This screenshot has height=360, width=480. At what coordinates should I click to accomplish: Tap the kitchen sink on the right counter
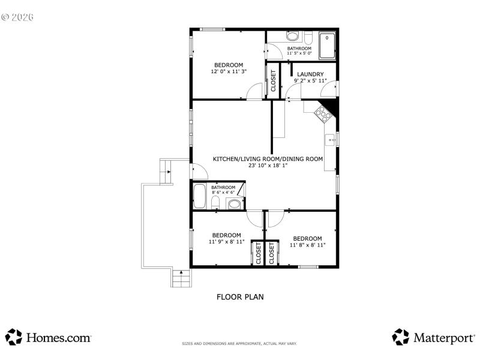tap(331, 141)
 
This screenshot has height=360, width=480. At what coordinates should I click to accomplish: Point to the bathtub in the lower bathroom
tap(200, 195)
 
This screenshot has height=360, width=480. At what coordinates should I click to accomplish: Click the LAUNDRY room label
tap(310, 74)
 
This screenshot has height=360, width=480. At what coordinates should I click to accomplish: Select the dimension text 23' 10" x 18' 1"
tap(268, 166)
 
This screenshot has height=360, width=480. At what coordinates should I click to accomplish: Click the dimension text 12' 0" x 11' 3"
tap(229, 71)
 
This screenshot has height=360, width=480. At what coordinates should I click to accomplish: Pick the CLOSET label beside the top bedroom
tap(274, 80)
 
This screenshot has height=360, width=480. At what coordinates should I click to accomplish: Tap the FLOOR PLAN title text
tap(240, 296)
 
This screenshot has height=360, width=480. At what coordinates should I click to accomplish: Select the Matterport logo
tap(433, 337)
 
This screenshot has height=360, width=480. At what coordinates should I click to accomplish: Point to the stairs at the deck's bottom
tap(181, 278)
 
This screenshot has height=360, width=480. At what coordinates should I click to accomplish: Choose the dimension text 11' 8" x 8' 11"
tap(307, 245)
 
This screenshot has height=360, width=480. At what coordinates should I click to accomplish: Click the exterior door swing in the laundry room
tap(329, 90)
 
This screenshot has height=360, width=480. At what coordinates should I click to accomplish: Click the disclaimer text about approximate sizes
tap(240, 344)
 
